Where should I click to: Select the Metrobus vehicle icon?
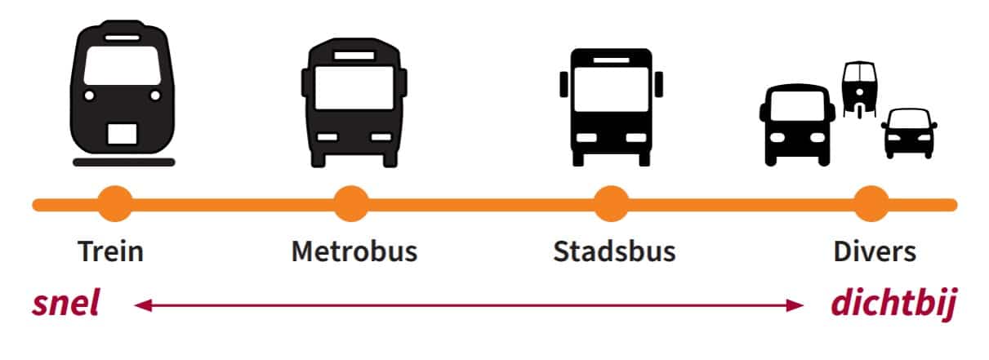[x=354, y=101]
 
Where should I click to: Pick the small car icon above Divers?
[x=908, y=132]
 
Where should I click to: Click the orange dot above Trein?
[x=114, y=204]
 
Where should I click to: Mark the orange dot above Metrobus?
[x=351, y=204]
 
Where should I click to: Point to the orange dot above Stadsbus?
[x=611, y=204]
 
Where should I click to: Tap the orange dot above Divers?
[x=871, y=204]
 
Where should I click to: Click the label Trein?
[x=111, y=251]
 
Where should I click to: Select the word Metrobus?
[x=354, y=251]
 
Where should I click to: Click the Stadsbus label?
[x=614, y=251]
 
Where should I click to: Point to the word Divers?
[x=875, y=251]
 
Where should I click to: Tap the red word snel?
[x=65, y=304]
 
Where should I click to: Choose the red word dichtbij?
[x=893, y=304]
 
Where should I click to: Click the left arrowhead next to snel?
[x=143, y=305]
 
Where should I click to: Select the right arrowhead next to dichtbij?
[x=796, y=305]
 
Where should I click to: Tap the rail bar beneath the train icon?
[x=123, y=162]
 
